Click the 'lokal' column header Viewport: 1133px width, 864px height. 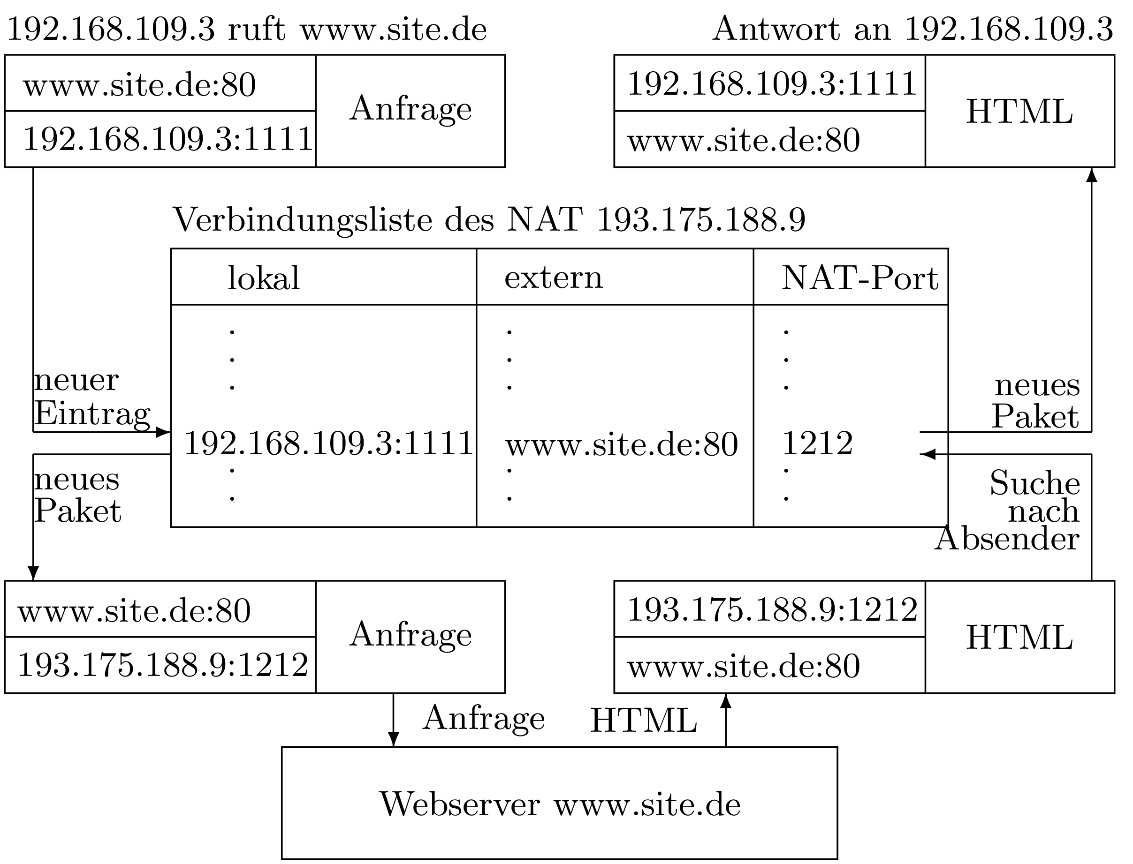click(264, 278)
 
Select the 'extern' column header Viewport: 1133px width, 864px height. click(553, 278)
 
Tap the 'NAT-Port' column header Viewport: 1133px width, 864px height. click(859, 278)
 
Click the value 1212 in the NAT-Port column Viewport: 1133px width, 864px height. click(817, 443)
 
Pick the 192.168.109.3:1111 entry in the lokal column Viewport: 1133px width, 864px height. click(328, 443)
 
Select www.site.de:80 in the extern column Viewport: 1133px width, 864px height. click(622, 444)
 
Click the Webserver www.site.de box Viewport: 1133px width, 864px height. click(559, 804)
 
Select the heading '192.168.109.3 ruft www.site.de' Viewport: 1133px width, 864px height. click(246, 30)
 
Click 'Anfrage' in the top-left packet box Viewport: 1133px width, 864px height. click(410, 108)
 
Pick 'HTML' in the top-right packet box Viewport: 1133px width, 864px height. click(1019, 112)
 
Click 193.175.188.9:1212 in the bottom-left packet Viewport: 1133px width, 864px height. click(163, 664)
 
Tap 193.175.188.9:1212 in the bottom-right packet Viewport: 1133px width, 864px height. click(772, 610)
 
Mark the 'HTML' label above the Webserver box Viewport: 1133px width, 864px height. click(643, 721)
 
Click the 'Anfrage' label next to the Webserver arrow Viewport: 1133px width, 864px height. click(484, 718)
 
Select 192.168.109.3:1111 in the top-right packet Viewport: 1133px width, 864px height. click(772, 83)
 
